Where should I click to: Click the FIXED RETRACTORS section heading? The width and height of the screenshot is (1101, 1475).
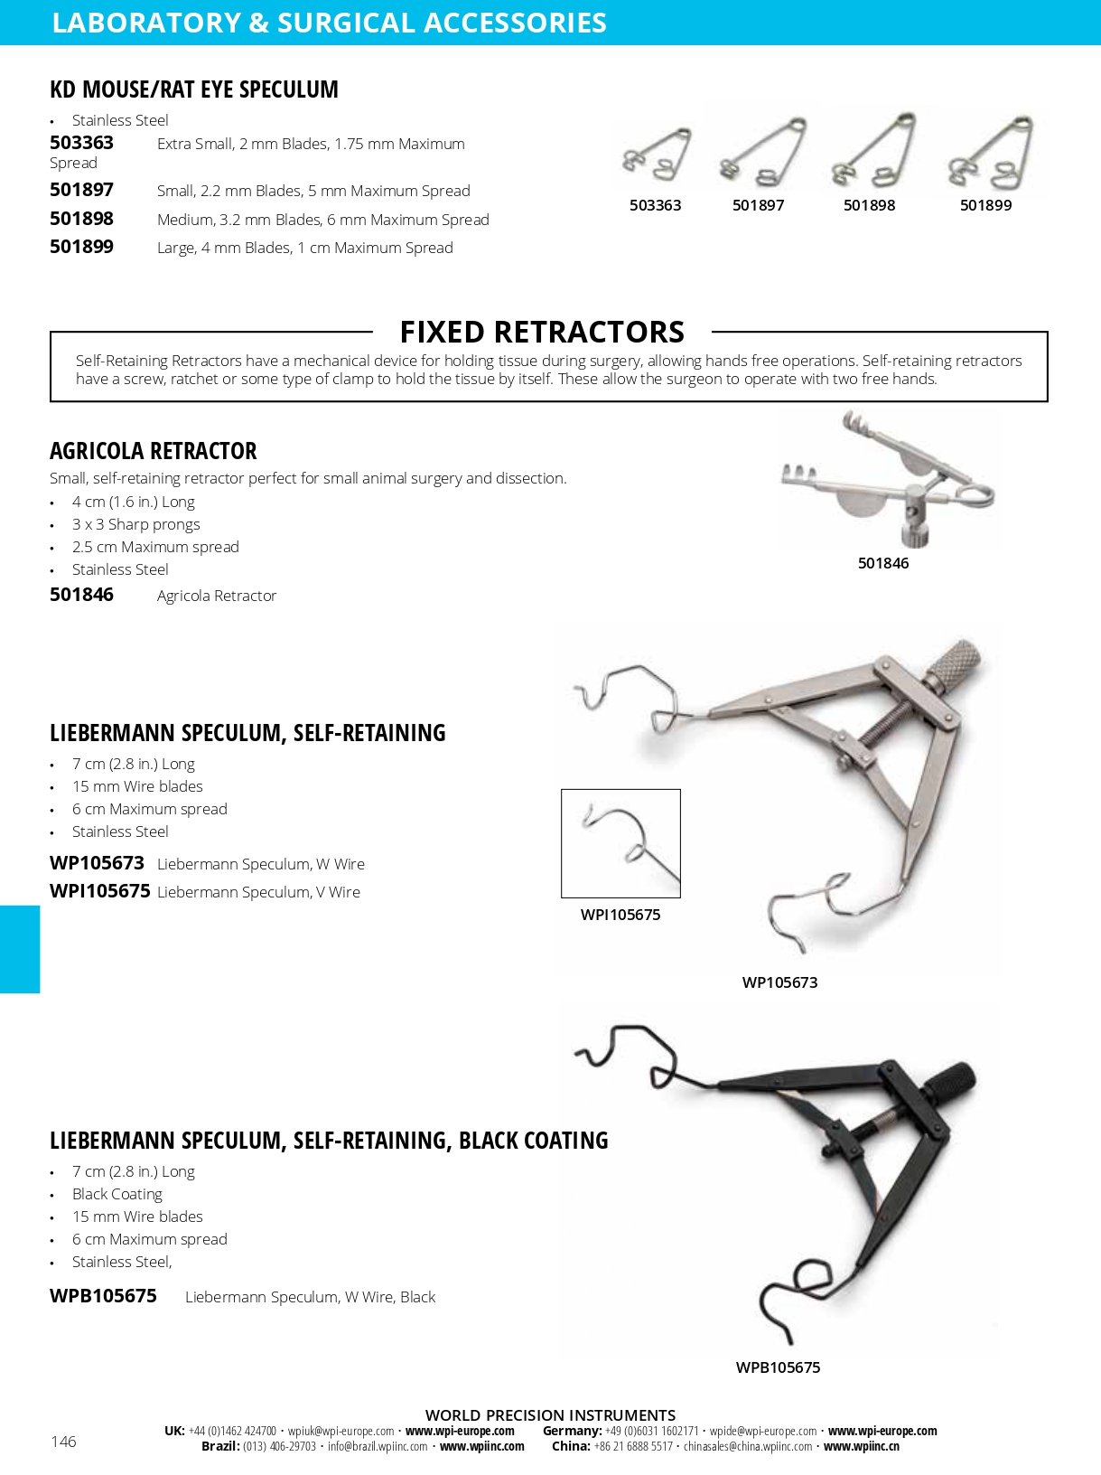tap(542, 333)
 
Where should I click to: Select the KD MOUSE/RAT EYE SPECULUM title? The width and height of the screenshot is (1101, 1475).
tap(194, 89)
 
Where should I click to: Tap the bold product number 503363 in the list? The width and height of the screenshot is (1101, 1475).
tap(81, 143)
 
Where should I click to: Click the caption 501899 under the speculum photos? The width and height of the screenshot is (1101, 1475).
tap(985, 205)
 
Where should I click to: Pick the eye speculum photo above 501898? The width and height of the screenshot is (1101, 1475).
tap(873, 150)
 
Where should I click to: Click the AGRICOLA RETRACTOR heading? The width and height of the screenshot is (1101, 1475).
tap(154, 451)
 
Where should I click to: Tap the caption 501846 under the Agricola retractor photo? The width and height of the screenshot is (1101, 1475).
tap(883, 563)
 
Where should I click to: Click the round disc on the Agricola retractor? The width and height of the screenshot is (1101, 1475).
tap(859, 503)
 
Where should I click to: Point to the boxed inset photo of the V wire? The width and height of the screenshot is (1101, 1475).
tap(620, 843)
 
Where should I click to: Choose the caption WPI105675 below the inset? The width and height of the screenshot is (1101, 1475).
tap(620, 915)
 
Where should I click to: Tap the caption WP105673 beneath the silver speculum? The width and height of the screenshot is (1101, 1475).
tap(779, 982)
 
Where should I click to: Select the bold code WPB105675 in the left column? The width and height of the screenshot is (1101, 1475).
tap(103, 1296)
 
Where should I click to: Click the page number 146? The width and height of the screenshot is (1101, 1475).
tap(63, 1442)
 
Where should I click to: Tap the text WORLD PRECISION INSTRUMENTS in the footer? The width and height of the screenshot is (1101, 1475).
tap(550, 1415)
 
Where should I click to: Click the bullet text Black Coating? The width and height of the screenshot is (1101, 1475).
tap(117, 1194)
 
